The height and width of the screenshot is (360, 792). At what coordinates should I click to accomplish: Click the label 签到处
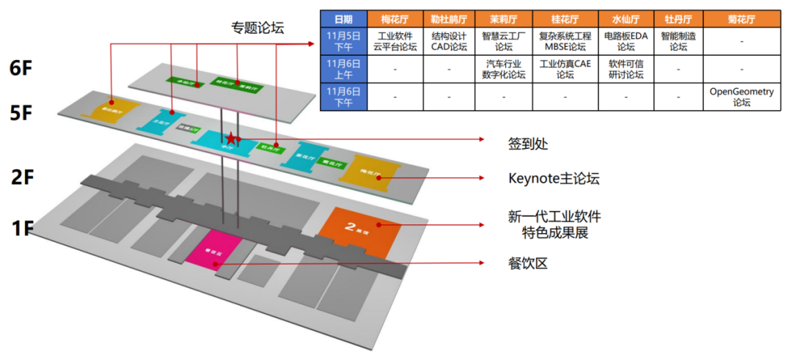[x=528, y=144]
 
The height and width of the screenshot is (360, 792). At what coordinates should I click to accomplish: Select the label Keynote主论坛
[x=554, y=178]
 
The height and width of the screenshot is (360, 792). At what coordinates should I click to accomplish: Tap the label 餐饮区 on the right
[x=528, y=263]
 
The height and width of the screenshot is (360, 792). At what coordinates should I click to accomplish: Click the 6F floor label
[x=21, y=68]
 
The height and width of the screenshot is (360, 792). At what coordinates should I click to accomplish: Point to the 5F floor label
[x=21, y=114]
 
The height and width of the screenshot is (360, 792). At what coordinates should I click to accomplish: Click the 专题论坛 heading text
[x=257, y=29]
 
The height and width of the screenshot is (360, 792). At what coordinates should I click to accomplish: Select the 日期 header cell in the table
[x=342, y=19]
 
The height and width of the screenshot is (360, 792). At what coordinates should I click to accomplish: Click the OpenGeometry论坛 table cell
[x=741, y=98]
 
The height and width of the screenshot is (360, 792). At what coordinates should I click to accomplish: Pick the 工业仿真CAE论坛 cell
[x=565, y=69]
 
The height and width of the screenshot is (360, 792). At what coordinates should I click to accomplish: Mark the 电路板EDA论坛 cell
[x=626, y=41]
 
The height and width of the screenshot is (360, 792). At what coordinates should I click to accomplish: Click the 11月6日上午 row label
[x=342, y=69]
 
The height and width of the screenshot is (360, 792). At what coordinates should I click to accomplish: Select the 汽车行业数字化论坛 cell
[x=504, y=69]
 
